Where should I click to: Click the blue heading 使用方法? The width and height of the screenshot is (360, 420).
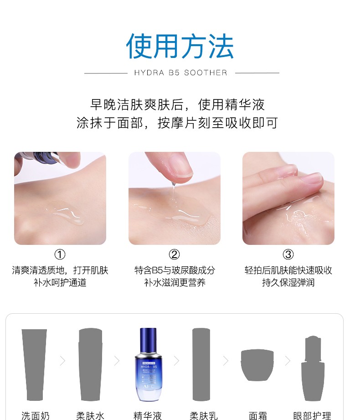(180, 46)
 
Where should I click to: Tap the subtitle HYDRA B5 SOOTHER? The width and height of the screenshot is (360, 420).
(180, 73)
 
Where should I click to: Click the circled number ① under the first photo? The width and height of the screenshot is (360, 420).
(60, 254)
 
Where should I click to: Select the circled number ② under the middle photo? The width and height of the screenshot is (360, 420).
(174, 254)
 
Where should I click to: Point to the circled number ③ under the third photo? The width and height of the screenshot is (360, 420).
(288, 254)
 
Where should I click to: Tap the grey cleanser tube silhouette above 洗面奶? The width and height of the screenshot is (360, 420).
(35, 365)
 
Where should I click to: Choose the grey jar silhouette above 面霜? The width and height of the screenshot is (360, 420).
(257, 365)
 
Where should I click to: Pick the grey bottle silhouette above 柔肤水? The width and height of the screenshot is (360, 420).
(91, 364)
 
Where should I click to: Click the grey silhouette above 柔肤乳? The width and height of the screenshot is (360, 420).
(201, 364)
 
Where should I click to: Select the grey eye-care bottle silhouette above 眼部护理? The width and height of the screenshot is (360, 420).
(313, 368)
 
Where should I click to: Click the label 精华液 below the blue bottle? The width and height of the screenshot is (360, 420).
(148, 416)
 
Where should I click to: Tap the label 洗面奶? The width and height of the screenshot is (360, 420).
(36, 416)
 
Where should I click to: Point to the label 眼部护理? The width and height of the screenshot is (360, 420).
(312, 416)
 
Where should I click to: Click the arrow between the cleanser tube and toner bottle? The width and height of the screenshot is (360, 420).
(62, 361)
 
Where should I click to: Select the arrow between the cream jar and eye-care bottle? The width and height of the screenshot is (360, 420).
(288, 361)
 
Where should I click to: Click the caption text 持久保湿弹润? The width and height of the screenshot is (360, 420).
(288, 283)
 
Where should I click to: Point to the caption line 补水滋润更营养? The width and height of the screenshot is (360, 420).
(175, 283)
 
